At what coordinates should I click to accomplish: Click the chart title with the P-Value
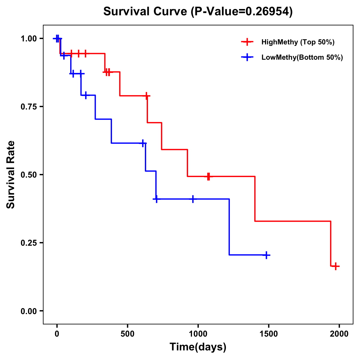point(198,12)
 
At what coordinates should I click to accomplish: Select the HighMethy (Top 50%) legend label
point(298,42)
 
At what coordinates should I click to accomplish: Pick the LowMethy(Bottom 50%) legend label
point(302,57)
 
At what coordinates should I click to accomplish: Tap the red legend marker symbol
point(247,42)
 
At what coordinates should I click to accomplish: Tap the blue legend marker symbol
point(247,57)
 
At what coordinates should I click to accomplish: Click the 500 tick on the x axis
point(127,334)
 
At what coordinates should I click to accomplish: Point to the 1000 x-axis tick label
point(198,334)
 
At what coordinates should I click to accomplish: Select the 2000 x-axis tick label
point(339,334)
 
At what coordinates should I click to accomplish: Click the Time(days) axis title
point(198,347)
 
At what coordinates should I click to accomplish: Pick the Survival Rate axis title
point(11,175)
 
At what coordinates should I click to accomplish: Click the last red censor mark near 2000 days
point(336,266)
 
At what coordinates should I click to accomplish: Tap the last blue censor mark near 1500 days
point(266,255)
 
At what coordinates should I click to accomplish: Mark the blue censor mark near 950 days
point(193,199)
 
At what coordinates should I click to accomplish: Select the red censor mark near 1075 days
point(208,176)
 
